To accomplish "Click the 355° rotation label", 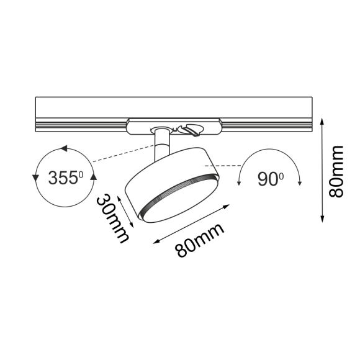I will pos(65,178).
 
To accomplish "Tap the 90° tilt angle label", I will pos(269,179).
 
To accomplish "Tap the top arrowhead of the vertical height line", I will pos(323,123).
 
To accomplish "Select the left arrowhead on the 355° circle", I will pos(35,178).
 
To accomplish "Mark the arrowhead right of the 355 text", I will pos(94,178).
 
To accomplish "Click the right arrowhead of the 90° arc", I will pos(300,181).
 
